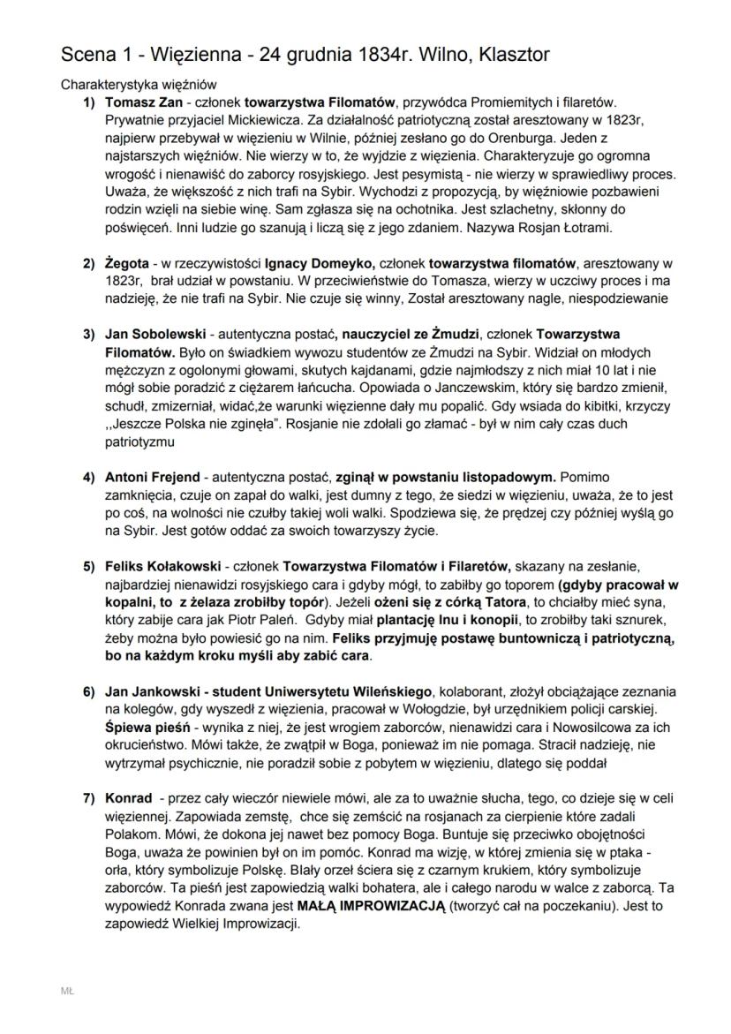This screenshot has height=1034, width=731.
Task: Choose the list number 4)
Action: [x=89, y=478]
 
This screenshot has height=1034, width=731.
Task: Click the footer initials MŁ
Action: [x=67, y=992]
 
